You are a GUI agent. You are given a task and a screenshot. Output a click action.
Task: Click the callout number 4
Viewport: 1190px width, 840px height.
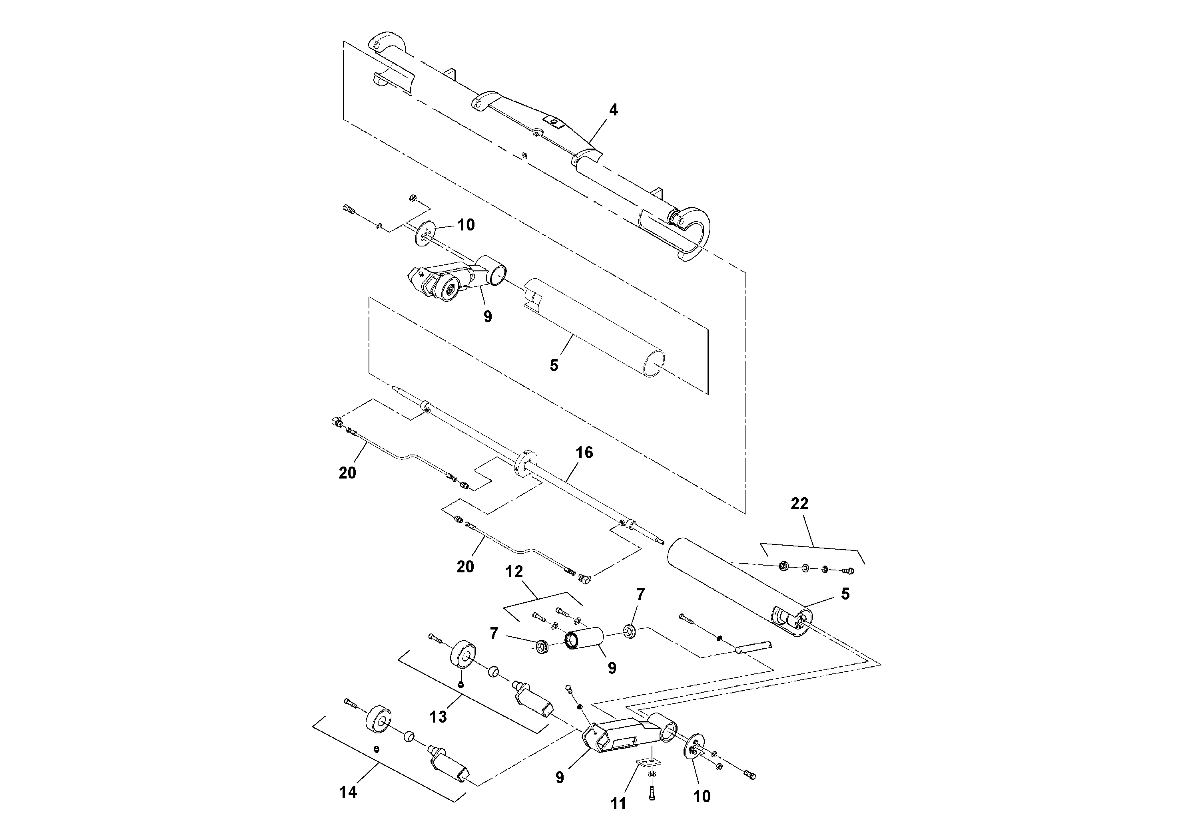613,110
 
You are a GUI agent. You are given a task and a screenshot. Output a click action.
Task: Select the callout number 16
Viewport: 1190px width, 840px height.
584,453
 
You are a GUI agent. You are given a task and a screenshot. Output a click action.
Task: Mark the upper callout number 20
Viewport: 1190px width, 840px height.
347,473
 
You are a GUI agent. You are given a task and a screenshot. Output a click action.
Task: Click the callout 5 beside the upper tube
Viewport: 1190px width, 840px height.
554,365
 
